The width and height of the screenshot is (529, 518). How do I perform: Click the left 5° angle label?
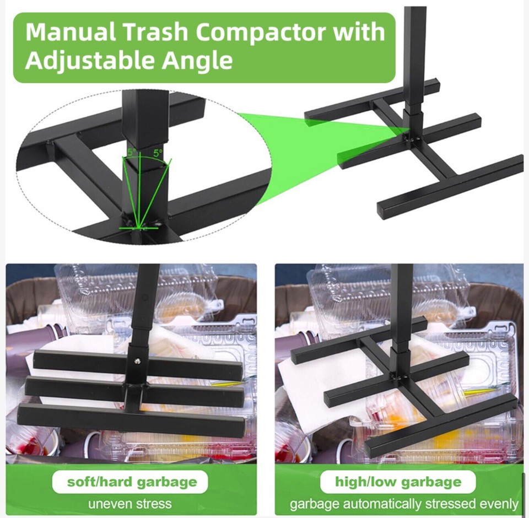click(131, 152)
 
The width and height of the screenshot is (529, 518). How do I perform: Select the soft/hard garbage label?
click(132, 482)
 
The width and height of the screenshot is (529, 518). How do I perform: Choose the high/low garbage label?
click(398, 482)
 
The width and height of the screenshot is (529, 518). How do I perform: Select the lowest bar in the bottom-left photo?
click(132, 420)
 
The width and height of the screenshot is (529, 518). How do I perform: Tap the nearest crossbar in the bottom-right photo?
click(441, 427)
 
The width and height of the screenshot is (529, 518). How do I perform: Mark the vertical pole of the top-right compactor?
click(415, 50)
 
